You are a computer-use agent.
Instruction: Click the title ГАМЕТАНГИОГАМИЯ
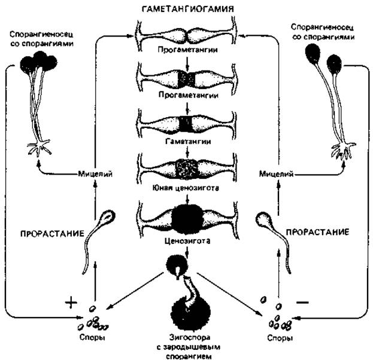pos(187,9)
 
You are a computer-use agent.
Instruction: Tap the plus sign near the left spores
pos(71,303)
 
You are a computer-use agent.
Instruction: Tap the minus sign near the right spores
pos(302,302)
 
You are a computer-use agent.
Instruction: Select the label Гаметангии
pos(188,141)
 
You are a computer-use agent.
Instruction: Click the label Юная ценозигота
pos(186,188)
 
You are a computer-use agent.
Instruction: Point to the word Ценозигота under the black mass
pos(187,241)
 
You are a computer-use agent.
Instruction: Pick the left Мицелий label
pos(95,174)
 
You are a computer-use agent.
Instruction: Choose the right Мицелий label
pos(276,174)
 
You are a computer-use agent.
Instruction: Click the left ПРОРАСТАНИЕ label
pos(52,234)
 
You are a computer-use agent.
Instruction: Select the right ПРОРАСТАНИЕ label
pos(317,232)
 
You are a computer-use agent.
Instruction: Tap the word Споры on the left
pos(92,337)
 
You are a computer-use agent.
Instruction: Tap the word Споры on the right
pos(280,338)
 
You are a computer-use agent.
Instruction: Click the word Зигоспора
pos(190,337)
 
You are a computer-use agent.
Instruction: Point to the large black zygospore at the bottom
pos(191,312)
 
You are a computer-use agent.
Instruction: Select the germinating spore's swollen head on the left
pos(108,216)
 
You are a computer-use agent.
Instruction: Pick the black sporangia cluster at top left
pos(38,62)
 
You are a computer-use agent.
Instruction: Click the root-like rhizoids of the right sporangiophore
pos(343,150)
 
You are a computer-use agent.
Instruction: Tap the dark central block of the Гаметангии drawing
pos(187,124)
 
